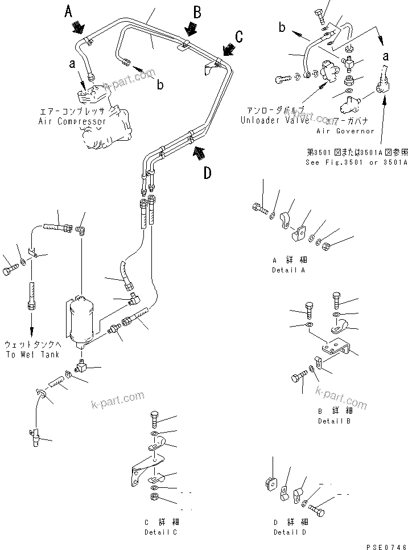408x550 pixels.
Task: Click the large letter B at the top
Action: coord(197,11)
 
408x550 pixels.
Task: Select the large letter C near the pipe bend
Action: coord(240,36)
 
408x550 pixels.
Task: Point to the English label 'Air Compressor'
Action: coord(72,121)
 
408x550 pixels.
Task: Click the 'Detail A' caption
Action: coord(288,270)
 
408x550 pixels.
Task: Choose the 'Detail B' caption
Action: coord(334,421)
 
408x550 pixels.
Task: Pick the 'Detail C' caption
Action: coord(160,532)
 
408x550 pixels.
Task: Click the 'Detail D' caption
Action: coord(290,532)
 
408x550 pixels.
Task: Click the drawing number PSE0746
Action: coord(386,545)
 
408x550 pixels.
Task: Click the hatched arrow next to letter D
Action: coord(199,151)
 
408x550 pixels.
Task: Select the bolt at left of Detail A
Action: coord(258,210)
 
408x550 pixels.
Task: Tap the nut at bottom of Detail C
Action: coord(154,498)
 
